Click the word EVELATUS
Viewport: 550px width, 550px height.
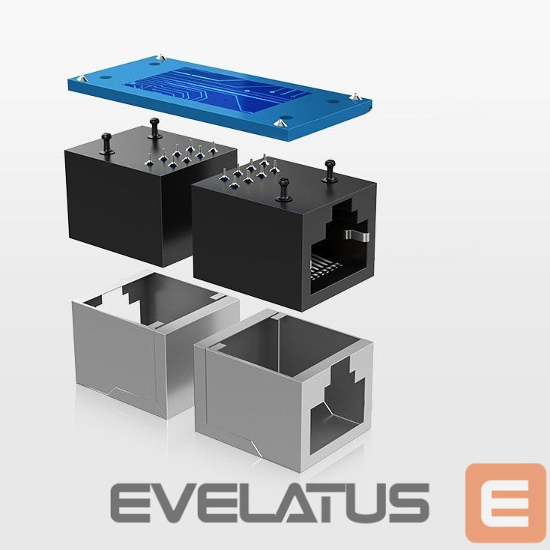pos(270,503)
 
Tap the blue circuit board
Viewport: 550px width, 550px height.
pos(220,97)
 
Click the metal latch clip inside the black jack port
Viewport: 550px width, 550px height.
pos(357,236)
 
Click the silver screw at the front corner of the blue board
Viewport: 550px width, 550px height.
pos(280,123)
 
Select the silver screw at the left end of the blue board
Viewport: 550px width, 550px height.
pos(82,77)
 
